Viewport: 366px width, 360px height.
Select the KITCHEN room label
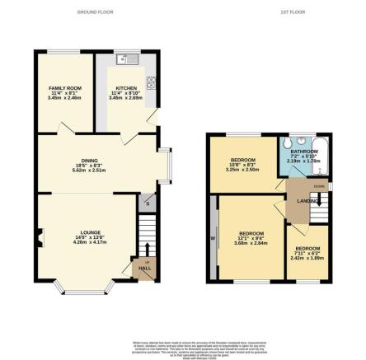(x=125, y=86)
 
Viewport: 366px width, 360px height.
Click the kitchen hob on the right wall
(x=151, y=82)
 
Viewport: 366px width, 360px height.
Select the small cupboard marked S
(x=147, y=202)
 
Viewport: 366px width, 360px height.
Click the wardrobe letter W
(x=213, y=239)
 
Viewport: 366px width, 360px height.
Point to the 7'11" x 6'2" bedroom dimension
(x=307, y=254)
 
